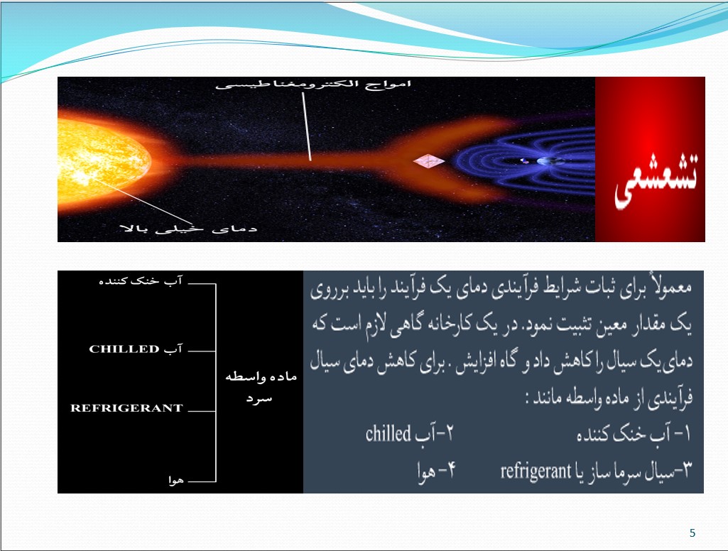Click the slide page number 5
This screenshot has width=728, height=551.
click(692, 533)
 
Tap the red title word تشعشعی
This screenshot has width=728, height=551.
click(656, 180)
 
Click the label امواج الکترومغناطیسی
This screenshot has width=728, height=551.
click(313, 84)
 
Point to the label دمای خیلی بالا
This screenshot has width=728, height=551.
click(188, 229)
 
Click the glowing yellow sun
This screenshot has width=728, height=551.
click(103, 160)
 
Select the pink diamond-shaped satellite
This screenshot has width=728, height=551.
click(429, 161)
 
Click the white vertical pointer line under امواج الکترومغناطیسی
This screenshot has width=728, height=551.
click(307, 126)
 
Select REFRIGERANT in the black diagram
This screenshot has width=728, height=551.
click(126, 408)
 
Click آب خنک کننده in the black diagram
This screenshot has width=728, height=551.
click(141, 281)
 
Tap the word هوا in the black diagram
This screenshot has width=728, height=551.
click(176, 481)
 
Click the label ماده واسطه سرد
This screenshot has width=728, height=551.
click(261, 386)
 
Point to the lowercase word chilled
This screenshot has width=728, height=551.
click(388, 433)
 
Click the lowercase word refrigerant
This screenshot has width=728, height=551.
click(536, 471)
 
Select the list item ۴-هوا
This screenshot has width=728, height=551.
click(436, 471)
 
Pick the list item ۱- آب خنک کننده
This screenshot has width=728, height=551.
click(634, 435)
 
